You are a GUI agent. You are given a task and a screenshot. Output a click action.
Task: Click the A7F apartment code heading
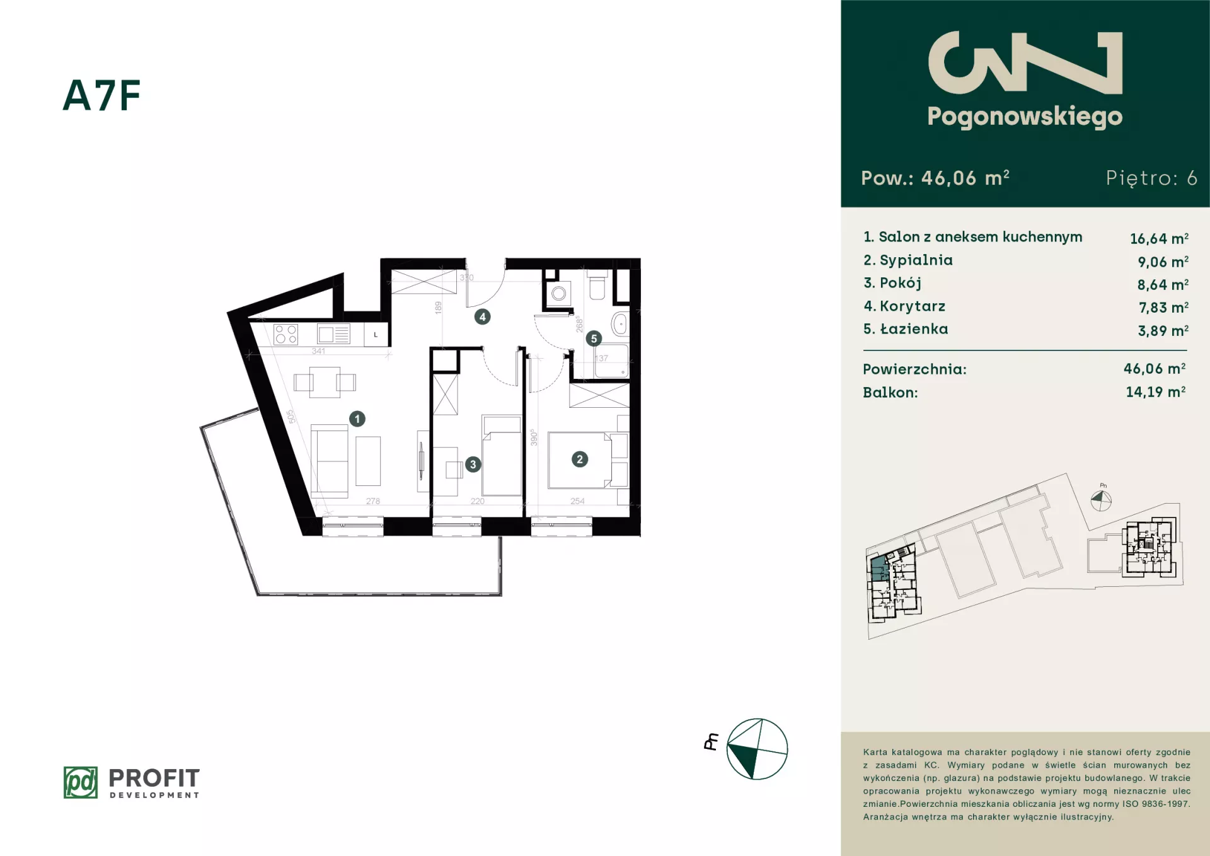coord(101,96)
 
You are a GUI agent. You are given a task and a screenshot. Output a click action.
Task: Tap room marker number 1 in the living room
coord(357,419)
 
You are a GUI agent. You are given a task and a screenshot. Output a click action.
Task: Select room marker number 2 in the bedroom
coord(580,459)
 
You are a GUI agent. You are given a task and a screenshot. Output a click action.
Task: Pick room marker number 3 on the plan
coord(473,465)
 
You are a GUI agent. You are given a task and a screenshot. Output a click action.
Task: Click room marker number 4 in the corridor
coord(483,317)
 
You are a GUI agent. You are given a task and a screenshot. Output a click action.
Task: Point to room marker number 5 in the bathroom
coord(594,338)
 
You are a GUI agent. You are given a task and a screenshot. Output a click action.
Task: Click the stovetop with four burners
coord(286,334)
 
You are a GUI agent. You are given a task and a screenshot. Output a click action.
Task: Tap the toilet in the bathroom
coord(597,286)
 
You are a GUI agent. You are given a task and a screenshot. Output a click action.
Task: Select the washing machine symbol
coord(558,294)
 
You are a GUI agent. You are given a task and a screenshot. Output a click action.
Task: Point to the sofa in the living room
coord(330,461)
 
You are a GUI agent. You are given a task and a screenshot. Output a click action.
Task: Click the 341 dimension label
coord(318,351)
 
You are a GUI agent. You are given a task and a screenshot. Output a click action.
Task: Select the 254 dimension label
coord(577,501)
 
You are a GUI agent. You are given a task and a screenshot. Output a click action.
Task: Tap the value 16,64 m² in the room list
coord(1159,238)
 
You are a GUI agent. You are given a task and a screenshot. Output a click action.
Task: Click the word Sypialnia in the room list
coord(916,260)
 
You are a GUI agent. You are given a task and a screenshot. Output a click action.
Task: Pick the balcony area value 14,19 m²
coord(1155,392)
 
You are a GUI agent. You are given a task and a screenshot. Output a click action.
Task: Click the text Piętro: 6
coord(1151,178)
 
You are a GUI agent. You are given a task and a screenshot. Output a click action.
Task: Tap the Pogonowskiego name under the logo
coord(1025,117)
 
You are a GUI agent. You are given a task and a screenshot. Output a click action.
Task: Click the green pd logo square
coord(81,782)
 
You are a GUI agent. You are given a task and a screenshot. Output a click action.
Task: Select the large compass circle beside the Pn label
coord(757,749)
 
